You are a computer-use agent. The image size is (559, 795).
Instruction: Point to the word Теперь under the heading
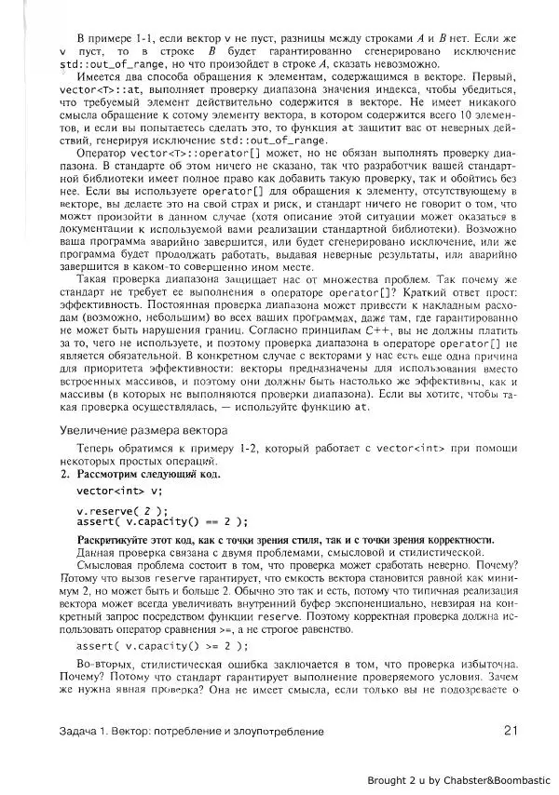[x=97, y=449]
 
